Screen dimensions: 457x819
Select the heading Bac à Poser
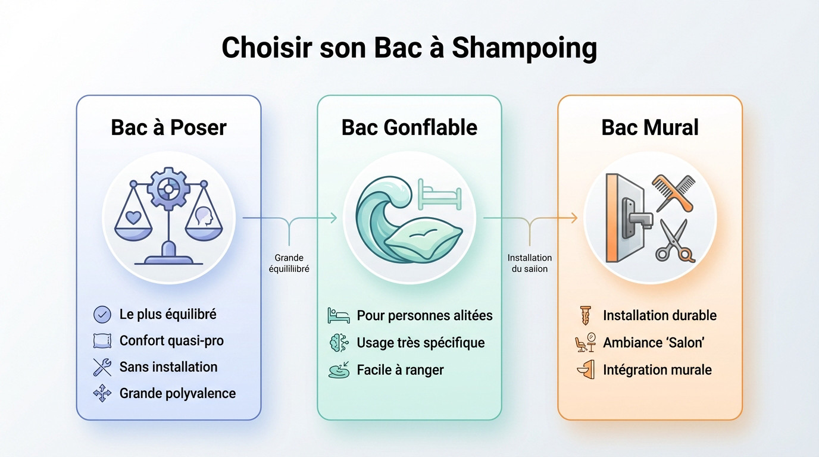(x=168, y=127)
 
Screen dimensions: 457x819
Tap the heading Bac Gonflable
(x=409, y=127)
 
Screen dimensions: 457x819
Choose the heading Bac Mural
(x=650, y=127)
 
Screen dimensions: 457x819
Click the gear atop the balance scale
(x=168, y=189)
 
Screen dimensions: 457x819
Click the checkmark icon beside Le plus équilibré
(x=102, y=314)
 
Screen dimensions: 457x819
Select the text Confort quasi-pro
(x=171, y=341)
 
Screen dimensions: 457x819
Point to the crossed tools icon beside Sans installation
(x=102, y=367)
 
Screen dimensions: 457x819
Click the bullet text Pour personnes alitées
(x=424, y=315)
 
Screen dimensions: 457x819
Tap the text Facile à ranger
(x=400, y=370)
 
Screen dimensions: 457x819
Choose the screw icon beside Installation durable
(x=586, y=315)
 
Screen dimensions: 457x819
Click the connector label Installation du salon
(x=529, y=263)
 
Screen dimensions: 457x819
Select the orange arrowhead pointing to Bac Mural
(x=574, y=218)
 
